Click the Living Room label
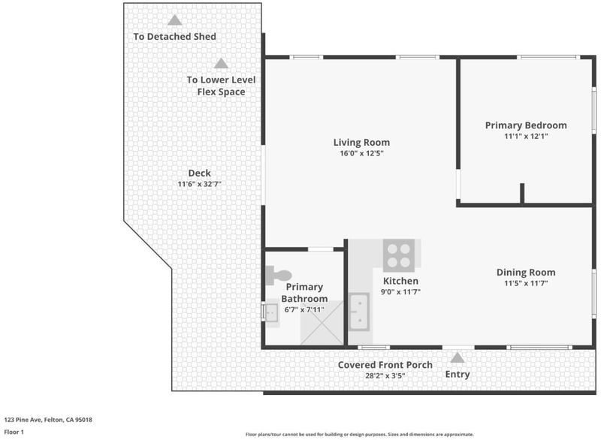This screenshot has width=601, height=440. point(361,143)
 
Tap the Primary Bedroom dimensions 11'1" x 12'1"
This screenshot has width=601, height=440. point(526,136)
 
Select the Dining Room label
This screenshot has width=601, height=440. point(526,273)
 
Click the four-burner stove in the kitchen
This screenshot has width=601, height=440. point(399,255)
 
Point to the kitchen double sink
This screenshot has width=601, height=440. point(359,312)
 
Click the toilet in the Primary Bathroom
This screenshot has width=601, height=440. point(278,276)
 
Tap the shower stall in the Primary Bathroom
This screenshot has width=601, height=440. point(322,323)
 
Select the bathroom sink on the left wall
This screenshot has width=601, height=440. point(270,313)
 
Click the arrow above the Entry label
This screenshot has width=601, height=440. point(457,357)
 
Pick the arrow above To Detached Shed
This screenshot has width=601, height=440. point(174,20)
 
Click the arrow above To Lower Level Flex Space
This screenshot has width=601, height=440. point(221,63)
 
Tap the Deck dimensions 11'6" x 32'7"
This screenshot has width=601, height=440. point(199,184)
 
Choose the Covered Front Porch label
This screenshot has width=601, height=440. point(385,365)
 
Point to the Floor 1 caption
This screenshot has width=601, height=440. point(14,432)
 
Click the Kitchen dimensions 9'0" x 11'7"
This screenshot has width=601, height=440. point(400,292)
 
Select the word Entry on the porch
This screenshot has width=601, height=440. point(458,374)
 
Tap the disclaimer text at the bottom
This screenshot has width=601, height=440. point(360,434)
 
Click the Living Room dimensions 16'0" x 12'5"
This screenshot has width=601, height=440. point(361,154)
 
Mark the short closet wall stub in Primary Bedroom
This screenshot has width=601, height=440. point(522,194)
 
